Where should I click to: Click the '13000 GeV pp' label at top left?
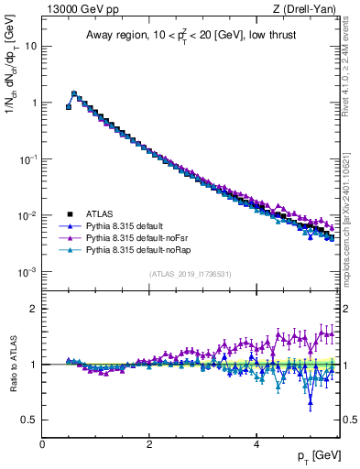click(75, 9)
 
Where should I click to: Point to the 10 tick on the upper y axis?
click(31, 46)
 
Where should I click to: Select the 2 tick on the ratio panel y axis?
click(34, 309)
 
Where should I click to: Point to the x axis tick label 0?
click(43, 444)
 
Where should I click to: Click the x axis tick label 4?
click(256, 444)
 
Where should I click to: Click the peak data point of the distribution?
click(74, 93)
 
